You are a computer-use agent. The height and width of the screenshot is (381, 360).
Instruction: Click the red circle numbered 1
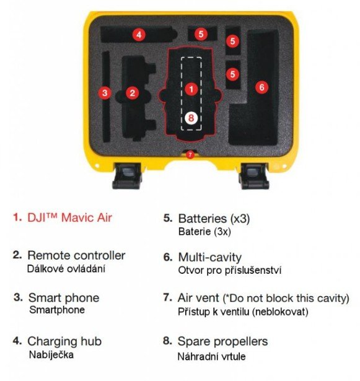(x=191, y=89)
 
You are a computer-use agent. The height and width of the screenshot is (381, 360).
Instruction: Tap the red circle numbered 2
(x=132, y=93)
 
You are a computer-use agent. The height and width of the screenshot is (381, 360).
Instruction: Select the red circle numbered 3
(x=105, y=93)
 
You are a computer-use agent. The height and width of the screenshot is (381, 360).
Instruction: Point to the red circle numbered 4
(x=139, y=35)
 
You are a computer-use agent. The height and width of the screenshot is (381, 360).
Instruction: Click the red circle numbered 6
(x=262, y=87)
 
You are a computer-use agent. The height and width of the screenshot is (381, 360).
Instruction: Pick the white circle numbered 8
(x=191, y=118)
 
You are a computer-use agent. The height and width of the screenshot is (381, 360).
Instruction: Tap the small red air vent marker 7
(x=190, y=154)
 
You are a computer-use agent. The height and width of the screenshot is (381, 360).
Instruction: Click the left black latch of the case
(x=127, y=176)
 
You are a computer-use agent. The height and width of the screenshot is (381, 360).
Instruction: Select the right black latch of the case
(x=254, y=176)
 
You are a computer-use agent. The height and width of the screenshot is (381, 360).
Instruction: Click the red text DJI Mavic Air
(x=69, y=217)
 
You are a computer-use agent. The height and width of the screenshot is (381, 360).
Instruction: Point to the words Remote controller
(x=76, y=255)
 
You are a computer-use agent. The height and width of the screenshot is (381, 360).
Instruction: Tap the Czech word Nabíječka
(x=51, y=355)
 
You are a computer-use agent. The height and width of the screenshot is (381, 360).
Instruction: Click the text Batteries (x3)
(x=214, y=219)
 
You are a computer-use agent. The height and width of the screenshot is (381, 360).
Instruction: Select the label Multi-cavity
(x=210, y=257)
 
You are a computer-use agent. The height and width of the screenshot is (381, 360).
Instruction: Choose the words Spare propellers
(x=222, y=341)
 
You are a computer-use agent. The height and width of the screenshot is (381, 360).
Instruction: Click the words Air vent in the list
(x=198, y=298)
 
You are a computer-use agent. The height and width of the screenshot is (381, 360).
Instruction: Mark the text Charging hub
(x=64, y=341)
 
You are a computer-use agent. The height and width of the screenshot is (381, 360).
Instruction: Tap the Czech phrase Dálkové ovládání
(x=66, y=269)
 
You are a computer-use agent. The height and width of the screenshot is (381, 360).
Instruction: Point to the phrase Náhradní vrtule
(x=211, y=357)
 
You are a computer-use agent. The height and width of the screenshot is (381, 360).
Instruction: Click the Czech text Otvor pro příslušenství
(x=230, y=271)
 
